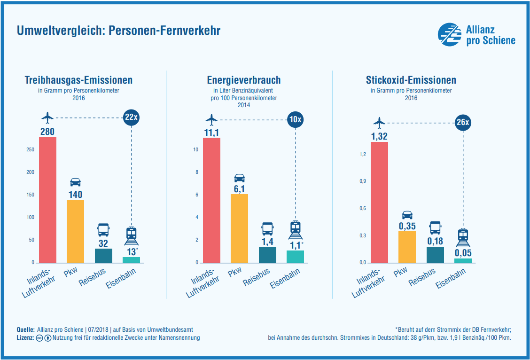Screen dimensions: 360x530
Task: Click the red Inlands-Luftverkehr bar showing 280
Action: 47,199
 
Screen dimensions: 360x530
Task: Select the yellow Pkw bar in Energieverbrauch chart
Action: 239,228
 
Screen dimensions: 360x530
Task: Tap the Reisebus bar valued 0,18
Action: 435,254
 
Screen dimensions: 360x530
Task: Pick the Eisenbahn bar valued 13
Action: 131,259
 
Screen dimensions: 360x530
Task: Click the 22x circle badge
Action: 131,117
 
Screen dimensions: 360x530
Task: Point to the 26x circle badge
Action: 463,123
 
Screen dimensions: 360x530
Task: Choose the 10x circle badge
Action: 295,119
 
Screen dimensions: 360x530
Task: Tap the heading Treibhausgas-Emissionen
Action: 78,80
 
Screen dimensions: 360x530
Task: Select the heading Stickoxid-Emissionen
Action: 411,80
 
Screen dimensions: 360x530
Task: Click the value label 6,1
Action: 239,188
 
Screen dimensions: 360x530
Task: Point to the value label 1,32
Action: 379,136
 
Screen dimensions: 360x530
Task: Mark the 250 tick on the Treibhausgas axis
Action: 31,149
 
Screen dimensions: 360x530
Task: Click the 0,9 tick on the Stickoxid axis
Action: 362,181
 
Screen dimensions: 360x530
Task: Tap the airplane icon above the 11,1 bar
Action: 212,118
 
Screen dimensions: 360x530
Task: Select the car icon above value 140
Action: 75,182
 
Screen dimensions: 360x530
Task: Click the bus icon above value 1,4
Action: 267,229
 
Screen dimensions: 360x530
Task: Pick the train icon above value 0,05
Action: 463,237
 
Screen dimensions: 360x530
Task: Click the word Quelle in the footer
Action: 25,330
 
